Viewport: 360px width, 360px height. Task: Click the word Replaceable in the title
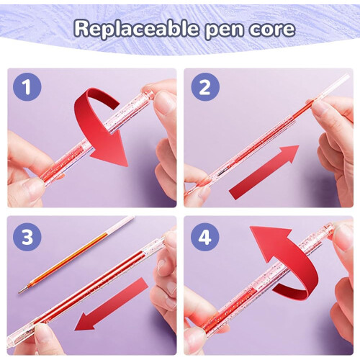click(136, 29)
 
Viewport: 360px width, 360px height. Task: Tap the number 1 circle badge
click(27, 86)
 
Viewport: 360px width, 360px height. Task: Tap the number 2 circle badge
click(205, 87)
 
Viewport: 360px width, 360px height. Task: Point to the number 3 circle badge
click(27, 237)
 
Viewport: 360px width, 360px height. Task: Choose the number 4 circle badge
click(205, 237)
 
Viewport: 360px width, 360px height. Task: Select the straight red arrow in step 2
click(264, 172)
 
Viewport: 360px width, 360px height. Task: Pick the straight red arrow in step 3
click(112, 304)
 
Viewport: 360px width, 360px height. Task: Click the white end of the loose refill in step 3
click(120, 225)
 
